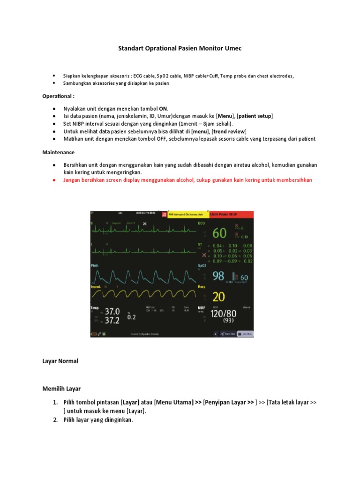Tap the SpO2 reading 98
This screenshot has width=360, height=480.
(218, 276)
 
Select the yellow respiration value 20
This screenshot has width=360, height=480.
(218, 297)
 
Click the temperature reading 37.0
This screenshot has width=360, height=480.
(112, 311)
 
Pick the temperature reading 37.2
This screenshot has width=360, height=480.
(112, 320)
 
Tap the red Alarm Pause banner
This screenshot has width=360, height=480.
(232, 214)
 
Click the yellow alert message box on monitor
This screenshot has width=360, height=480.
(187, 214)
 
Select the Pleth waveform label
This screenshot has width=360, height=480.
(95, 265)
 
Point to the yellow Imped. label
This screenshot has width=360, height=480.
(96, 286)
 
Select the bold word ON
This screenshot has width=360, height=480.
(163, 108)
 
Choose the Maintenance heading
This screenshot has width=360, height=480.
(59, 152)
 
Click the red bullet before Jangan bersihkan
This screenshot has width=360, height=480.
(54, 180)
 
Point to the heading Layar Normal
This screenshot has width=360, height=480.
(60, 361)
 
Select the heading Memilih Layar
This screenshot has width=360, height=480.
(62, 389)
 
